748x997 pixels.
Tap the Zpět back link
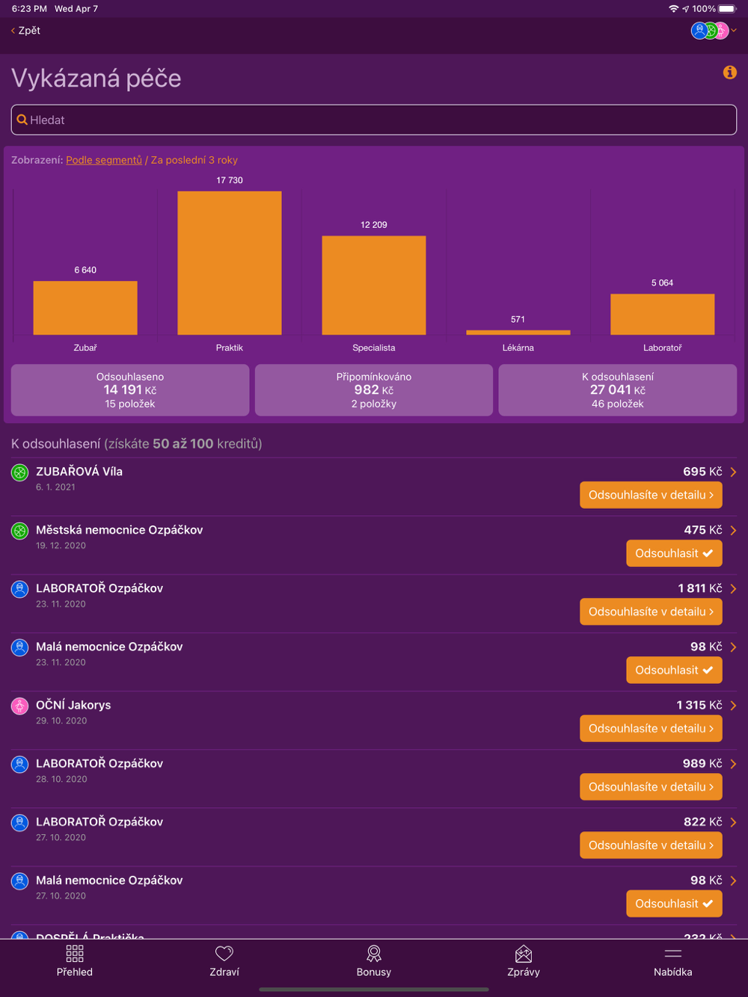pos(26,31)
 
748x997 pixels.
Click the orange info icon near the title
pos(729,72)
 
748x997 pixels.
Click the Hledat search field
pos(374,120)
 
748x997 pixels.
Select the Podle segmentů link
pos(104,160)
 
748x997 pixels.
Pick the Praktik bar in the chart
pos(230,263)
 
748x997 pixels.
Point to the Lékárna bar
pos(518,332)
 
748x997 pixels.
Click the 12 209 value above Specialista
pos(374,225)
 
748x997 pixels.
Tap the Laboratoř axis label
pos(662,348)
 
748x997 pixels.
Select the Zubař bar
pos(85,307)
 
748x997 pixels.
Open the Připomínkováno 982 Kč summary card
pos(374,390)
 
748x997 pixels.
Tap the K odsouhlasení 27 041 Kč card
pos(617,390)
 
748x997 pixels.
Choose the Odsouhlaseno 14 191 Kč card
pos(130,390)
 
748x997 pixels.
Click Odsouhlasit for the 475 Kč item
pos(673,553)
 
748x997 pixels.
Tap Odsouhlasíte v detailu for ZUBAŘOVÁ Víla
pos(651,495)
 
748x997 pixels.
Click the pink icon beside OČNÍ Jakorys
pos(20,706)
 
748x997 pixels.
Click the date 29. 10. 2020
pos(61,720)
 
